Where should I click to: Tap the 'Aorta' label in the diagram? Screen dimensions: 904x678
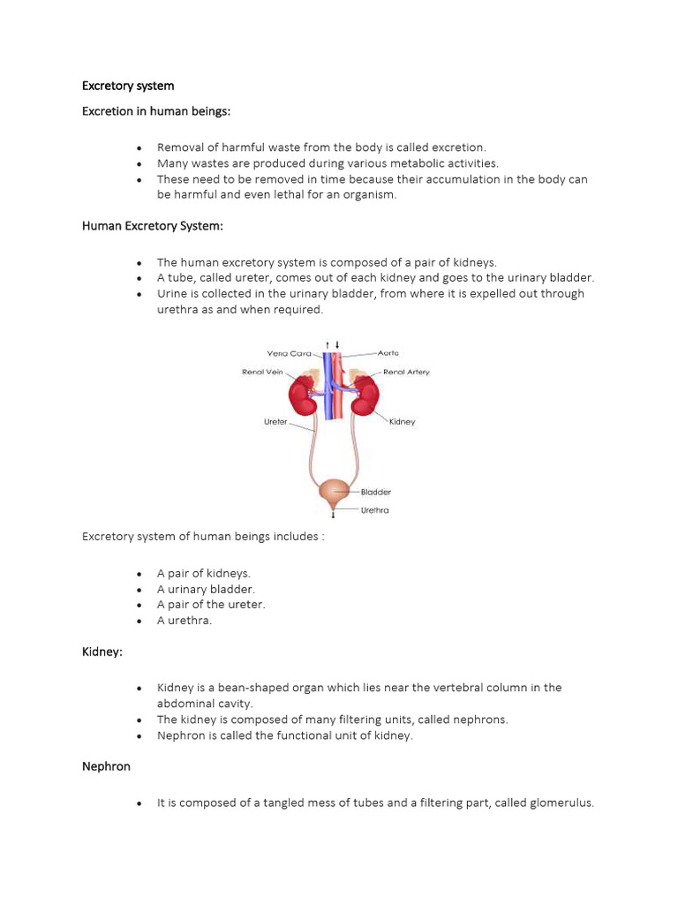388,352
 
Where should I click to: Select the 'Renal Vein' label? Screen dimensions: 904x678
263,372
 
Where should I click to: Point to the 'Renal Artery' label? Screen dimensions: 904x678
406,372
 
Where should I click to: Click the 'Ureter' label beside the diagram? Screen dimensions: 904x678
275,422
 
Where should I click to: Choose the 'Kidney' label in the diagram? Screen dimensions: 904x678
402,422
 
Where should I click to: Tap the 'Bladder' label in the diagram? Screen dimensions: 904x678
375,492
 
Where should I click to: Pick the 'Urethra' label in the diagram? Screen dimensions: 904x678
374,510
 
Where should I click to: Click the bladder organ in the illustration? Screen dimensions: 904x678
333,491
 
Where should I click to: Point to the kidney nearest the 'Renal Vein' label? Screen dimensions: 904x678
305,395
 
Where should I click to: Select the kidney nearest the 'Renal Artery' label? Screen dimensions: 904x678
365,395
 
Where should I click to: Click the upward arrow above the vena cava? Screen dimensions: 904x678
328,343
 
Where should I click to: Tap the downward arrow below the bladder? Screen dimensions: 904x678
333,514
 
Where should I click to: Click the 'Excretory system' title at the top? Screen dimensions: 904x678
128,86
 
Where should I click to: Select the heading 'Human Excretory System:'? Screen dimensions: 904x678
153,226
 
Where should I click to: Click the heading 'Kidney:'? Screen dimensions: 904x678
102,651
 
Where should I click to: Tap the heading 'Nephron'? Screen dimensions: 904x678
106,766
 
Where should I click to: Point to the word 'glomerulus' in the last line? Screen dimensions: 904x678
561,803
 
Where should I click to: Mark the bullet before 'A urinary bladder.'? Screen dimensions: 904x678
140,589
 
